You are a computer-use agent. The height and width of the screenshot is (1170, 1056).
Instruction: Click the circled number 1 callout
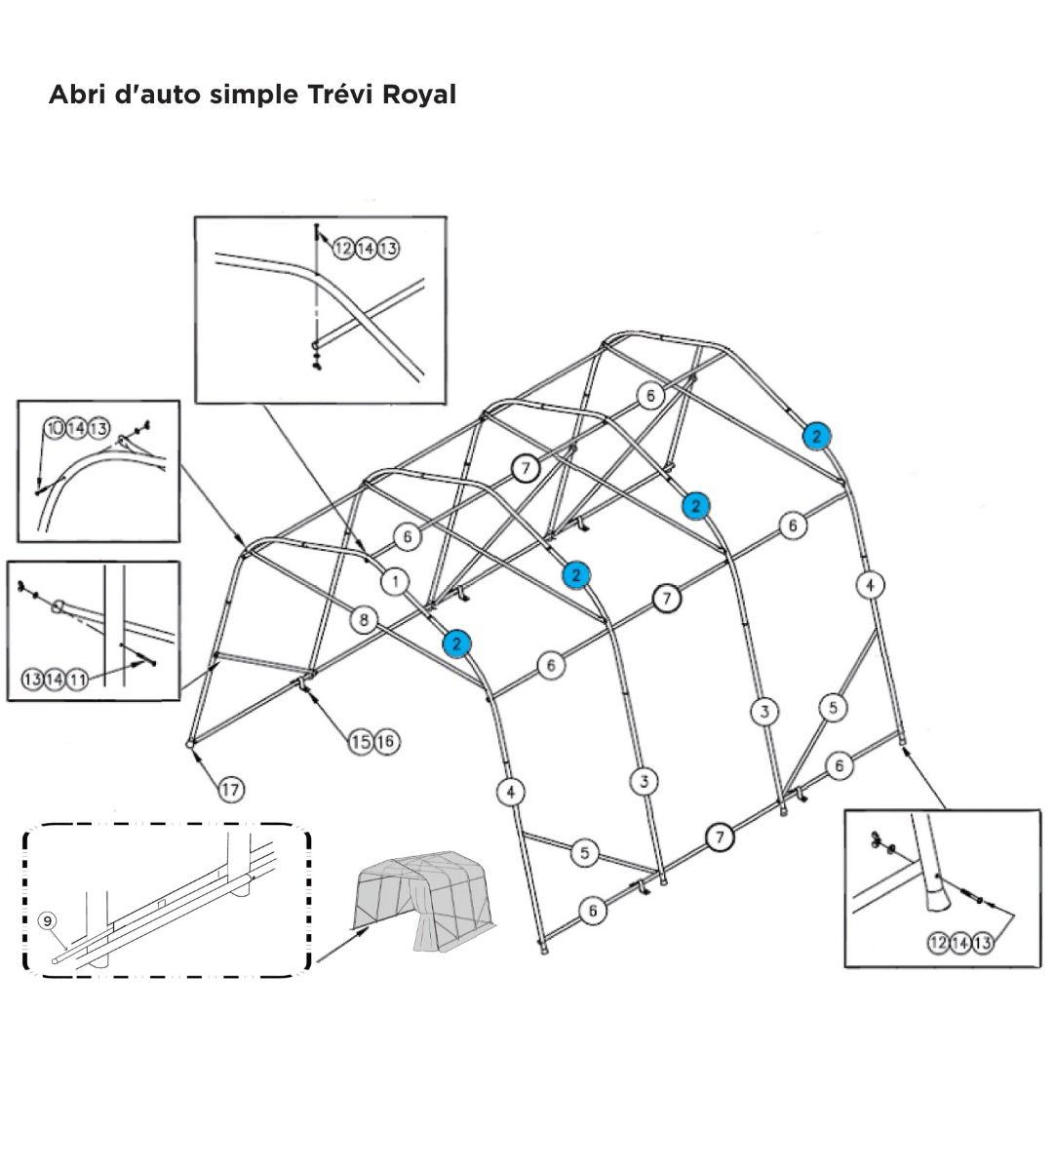(x=395, y=582)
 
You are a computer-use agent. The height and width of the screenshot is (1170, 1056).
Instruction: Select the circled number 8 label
(x=364, y=618)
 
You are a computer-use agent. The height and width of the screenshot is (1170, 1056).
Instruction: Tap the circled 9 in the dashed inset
(x=46, y=919)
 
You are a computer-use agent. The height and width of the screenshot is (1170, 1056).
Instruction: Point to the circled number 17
(x=230, y=789)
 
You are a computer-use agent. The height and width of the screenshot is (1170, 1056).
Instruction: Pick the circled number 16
(x=385, y=742)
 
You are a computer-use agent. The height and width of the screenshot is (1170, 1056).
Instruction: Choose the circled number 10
(x=55, y=428)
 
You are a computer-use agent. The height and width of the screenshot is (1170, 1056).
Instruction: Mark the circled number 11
(x=76, y=680)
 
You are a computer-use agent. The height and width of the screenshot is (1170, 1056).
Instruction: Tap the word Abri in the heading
(x=75, y=95)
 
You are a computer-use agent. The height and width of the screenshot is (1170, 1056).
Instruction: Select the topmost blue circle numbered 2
(x=816, y=436)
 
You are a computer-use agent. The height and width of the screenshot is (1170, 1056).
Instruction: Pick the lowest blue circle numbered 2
(x=455, y=643)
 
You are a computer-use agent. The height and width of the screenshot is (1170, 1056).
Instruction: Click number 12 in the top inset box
(x=343, y=249)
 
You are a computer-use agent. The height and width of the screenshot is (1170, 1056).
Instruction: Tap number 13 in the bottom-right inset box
(x=982, y=942)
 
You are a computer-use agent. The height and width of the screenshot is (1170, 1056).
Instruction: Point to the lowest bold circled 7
(x=720, y=837)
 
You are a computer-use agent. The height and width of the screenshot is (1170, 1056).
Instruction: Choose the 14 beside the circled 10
(x=77, y=428)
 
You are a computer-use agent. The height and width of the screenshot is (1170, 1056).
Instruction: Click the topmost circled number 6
(x=650, y=395)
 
